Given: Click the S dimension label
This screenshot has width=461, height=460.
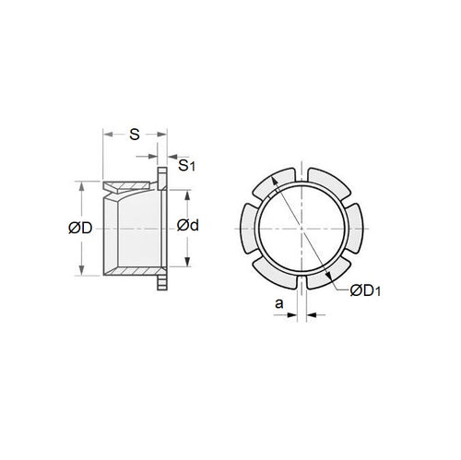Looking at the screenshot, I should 135,134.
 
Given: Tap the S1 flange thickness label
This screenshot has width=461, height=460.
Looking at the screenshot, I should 186,166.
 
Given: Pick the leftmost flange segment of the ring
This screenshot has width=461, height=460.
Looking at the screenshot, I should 247,227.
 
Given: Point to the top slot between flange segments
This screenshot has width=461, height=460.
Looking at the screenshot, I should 301,172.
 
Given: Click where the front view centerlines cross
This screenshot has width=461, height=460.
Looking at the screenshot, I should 301,227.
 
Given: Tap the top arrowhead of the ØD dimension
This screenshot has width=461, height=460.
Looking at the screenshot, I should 85,183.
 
